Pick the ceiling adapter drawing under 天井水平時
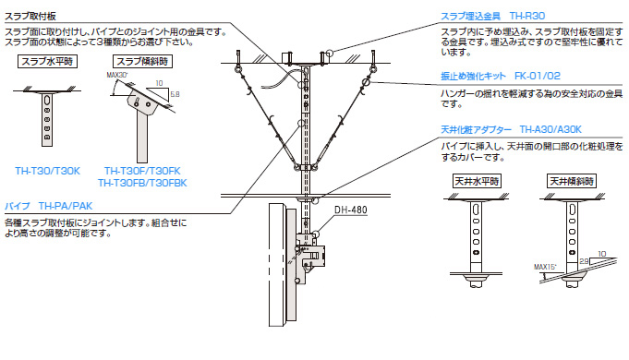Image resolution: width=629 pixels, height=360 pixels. tap(477, 235)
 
